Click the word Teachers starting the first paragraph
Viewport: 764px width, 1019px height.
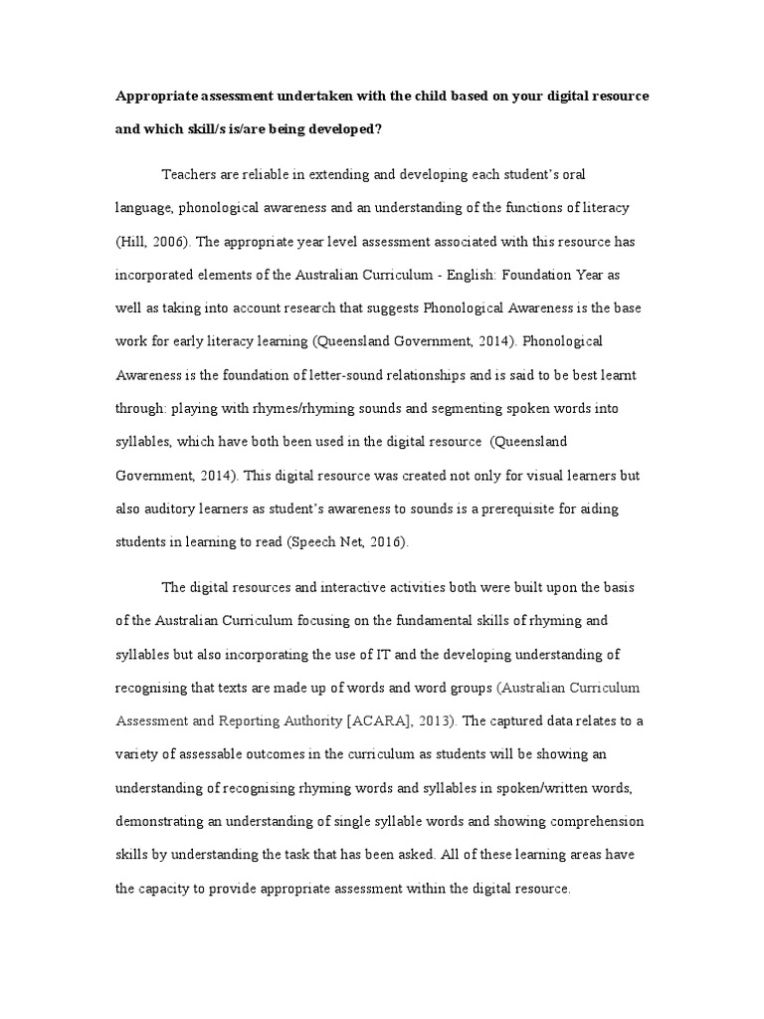click(x=191, y=175)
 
